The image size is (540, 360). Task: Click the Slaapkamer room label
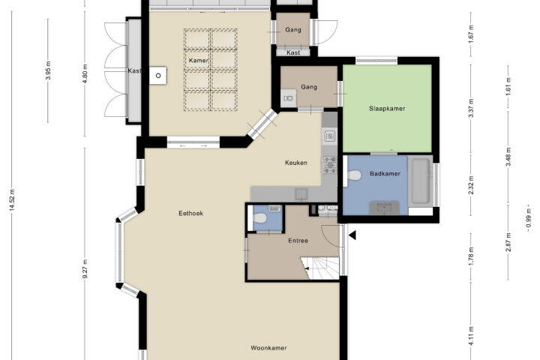click(x=387, y=109)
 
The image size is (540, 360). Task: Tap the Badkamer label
click(x=385, y=174)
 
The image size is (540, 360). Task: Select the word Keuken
click(x=296, y=163)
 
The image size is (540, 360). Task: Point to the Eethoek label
click(x=190, y=213)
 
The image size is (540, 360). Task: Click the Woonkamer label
click(x=268, y=348)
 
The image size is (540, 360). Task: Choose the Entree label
click(x=298, y=241)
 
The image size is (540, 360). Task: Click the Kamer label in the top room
click(x=198, y=61)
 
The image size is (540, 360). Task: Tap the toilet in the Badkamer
click(x=354, y=175)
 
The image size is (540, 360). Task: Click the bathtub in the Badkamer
click(x=420, y=181)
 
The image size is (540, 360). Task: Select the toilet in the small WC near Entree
click(x=259, y=218)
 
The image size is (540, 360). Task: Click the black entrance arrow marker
click(x=352, y=235)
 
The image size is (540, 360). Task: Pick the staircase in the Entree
click(x=320, y=268)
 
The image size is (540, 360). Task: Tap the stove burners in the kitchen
click(x=329, y=165)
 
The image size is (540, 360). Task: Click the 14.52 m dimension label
click(x=13, y=199)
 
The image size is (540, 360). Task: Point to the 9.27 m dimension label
click(x=85, y=270)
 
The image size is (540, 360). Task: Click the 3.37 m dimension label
click(x=472, y=108)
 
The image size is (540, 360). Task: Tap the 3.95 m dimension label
click(x=49, y=70)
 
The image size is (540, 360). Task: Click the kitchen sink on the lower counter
click(x=301, y=194)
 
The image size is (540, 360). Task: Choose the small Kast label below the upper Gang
click(x=293, y=52)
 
